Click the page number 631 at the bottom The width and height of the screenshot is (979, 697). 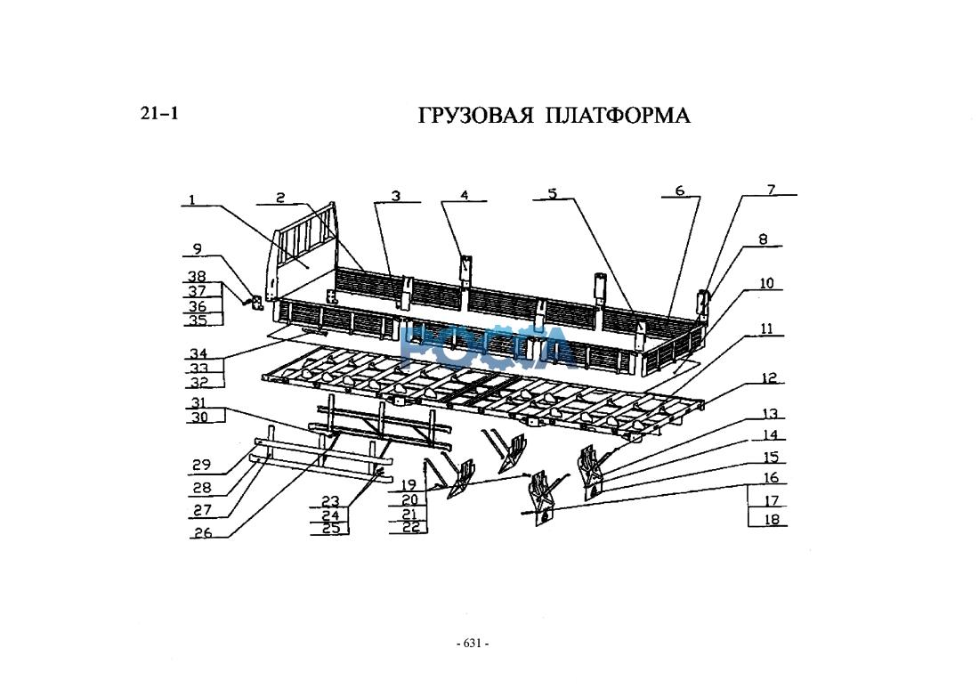coord(472,644)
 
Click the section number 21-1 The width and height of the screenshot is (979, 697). coord(160,113)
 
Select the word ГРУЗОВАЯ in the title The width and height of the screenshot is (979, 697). coord(475,117)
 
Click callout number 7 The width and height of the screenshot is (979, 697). coord(771,189)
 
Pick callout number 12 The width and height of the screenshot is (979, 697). coord(769,379)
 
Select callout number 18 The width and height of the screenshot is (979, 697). coord(771,519)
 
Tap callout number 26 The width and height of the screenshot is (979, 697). coord(203,533)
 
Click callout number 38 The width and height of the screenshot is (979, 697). coord(196,277)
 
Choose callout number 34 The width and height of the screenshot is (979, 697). coord(196,354)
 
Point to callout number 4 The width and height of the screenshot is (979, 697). coord(464,195)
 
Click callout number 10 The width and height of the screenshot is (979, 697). coord(766,284)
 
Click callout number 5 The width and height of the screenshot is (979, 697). coord(552,193)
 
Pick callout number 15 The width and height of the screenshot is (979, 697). coord(771,458)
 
